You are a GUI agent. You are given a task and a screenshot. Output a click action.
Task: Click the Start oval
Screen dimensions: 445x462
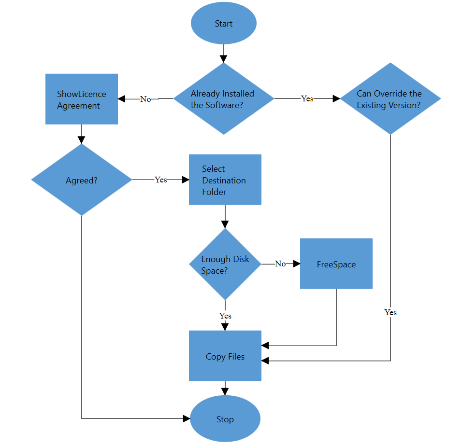pyautogui.click(x=223, y=24)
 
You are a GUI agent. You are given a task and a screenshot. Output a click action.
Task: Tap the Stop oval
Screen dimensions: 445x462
pyautogui.click(x=225, y=419)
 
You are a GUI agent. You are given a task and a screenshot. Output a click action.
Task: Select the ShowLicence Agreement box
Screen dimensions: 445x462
pyautogui.click(x=82, y=99)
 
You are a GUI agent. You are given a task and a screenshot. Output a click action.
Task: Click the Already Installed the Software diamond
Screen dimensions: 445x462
pyautogui.click(x=223, y=99)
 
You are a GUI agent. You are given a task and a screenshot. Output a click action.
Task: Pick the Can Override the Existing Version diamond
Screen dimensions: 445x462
pyautogui.click(x=390, y=99)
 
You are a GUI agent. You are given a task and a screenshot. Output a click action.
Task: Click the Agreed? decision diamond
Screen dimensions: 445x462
pyautogui.click(x=81, y=180)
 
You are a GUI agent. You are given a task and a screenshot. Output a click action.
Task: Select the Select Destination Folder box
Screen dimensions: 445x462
pyautogui.click(x=225, y=180)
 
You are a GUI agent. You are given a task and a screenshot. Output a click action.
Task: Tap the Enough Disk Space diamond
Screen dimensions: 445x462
pyautogui.click(x=225, y=264)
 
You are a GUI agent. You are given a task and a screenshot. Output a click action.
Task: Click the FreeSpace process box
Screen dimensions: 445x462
pyautogui.click(x=336, y=264)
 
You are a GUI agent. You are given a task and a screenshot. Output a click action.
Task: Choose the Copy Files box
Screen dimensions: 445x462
pyautogui.click(x=225, y=356)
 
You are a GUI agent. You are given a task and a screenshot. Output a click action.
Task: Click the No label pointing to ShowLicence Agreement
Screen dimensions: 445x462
pyautogui.click(x=145, y=99)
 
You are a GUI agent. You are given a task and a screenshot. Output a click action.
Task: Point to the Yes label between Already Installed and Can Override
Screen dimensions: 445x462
pyautogui.click(x=307, y=98)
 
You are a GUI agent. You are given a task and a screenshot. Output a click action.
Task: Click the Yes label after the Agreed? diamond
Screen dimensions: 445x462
pyautogui.click(x=161, y=180)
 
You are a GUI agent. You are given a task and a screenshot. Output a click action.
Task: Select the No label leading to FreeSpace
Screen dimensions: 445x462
pyautogui.click(x=280, y=264)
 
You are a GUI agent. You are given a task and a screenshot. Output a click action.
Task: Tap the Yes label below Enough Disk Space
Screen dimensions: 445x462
pyautogui.click(x=225, y=316)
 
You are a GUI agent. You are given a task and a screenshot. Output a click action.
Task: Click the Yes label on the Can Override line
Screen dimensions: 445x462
pyautogui.click(x=390, y=312)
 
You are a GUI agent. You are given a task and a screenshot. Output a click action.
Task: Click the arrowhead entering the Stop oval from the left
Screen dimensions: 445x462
pyautogui.click(x=187, y=419)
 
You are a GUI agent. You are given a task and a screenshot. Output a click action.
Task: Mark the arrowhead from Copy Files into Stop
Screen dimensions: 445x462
pyautogui.click(x=225, y=391)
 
